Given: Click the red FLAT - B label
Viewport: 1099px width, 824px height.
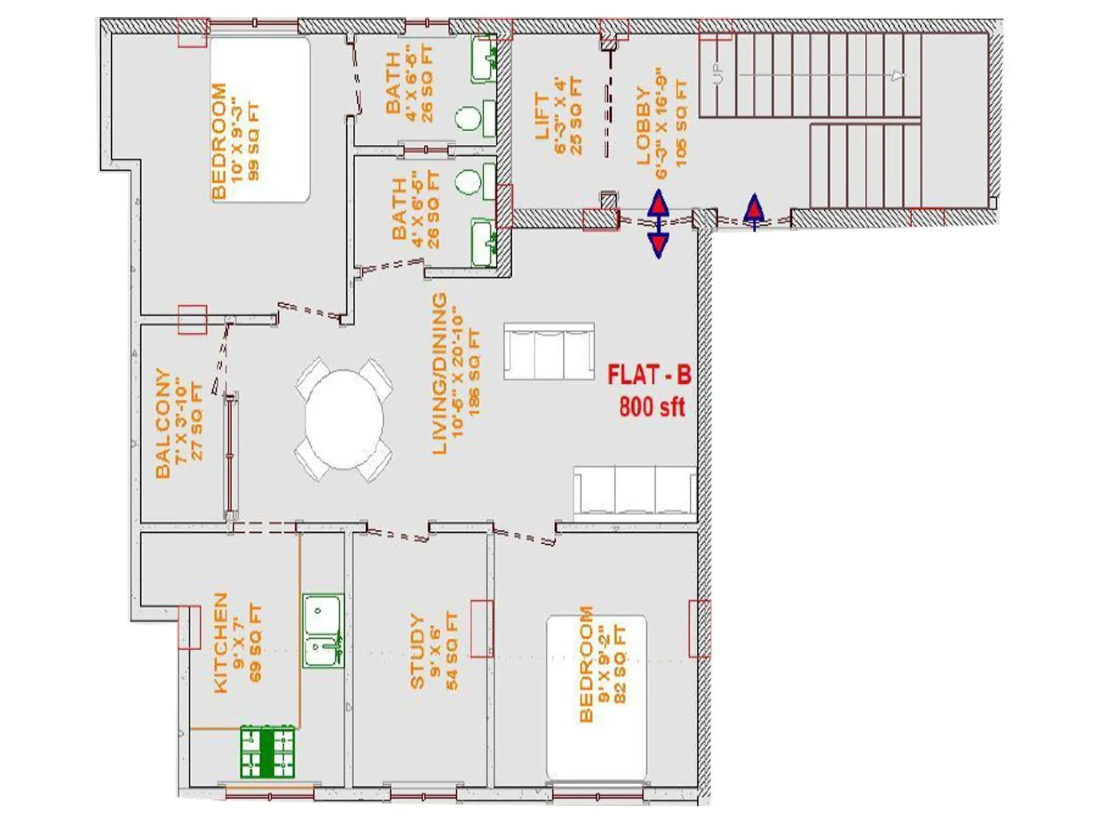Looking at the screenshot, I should coord(649,376).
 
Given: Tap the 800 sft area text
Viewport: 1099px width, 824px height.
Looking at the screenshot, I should coord(652,407).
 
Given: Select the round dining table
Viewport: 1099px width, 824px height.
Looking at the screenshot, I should coord(344,419).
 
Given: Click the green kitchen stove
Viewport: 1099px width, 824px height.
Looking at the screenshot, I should coord(267,752).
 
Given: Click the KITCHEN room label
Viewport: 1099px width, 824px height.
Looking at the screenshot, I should coord(220,643).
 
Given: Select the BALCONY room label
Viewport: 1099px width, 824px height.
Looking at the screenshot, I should coord(163,423).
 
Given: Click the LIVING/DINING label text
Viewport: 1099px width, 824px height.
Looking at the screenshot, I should coord(440,374).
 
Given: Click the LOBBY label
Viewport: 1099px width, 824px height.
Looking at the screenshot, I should coord(643,126).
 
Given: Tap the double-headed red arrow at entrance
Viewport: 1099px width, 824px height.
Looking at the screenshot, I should coord(659,225).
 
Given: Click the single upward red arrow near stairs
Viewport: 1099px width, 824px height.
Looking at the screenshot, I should coord(754,212).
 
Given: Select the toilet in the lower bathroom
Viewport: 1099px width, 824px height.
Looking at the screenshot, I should coord(468,183).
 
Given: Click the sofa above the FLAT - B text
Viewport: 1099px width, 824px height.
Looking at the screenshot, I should coord(549,351).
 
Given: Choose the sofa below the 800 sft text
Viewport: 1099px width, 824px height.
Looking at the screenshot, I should coord(635,490).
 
